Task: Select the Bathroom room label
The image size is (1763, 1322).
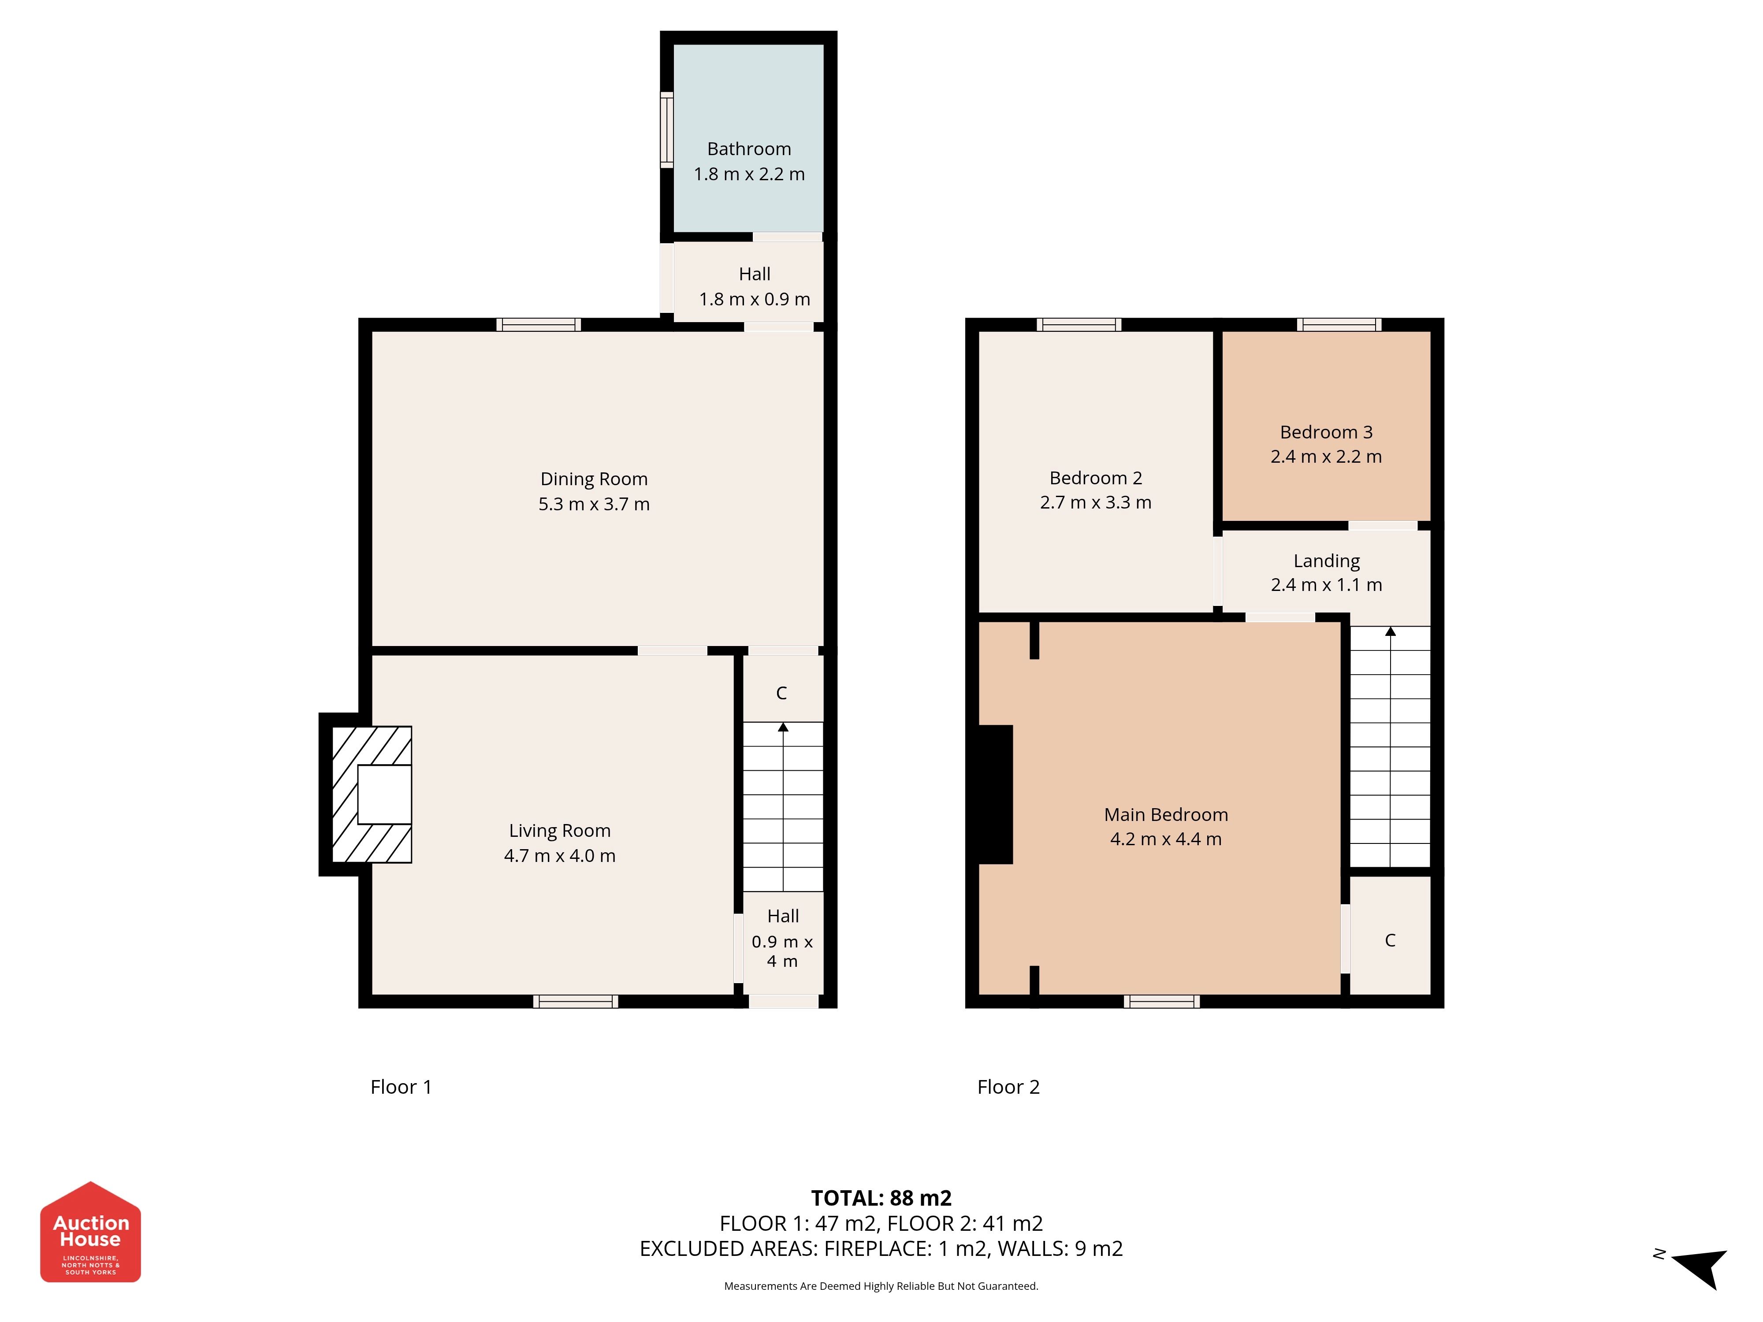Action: tap(749, 149)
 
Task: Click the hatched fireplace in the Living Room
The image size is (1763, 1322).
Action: tap(372, 795)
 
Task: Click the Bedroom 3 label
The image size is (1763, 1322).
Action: tap(1326, 432)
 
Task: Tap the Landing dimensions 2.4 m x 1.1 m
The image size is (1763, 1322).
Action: tap(1326, 585)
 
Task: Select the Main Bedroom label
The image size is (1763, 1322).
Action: tap(1166, 814)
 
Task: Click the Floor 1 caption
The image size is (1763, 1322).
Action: tap(401, 1087)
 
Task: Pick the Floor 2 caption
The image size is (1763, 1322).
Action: tap(1008, 1087)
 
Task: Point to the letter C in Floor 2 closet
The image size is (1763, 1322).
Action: tap(1390, 940)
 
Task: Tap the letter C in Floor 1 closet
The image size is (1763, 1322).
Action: tap(782, 693)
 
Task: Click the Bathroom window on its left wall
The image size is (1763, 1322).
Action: tap(666, 130)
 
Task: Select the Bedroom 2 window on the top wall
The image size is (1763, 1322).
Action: tap(1079, 324)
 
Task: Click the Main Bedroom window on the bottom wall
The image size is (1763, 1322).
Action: tap(1162, 1002)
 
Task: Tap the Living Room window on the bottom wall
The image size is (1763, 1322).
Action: tap(576, 1002)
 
